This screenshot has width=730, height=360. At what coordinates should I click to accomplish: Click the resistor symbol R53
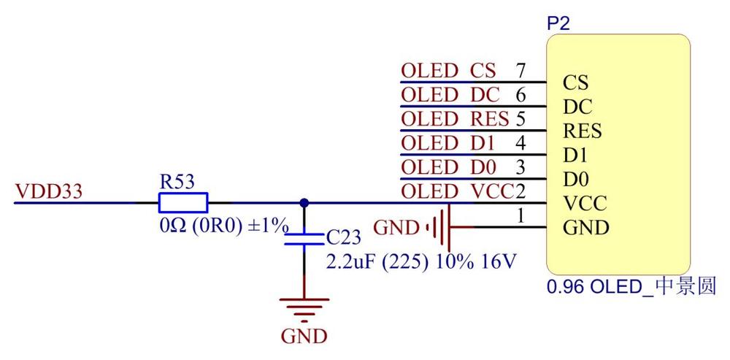183,203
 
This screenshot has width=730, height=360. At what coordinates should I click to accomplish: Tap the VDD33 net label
49,191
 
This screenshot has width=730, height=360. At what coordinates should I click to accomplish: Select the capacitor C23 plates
304,240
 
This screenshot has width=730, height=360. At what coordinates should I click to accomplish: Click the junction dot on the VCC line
304,202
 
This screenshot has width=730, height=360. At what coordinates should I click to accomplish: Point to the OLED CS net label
449,72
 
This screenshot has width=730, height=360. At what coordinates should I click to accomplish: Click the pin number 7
521,72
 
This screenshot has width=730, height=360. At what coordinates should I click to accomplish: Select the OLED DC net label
450,96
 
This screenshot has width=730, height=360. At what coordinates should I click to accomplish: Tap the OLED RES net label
456,120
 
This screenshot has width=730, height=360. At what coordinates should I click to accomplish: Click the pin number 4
521,143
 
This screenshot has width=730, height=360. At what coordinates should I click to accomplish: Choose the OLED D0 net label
449,167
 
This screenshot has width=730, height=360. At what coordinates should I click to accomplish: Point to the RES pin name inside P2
583,131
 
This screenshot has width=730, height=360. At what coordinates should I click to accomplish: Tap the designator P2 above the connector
558,24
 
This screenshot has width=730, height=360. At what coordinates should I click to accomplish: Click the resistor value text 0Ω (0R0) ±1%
224,226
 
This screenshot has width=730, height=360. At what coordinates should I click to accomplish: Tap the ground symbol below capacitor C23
304,309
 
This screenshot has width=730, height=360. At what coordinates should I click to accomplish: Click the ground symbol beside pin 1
440,228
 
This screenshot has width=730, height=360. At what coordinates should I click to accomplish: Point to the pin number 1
521,215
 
